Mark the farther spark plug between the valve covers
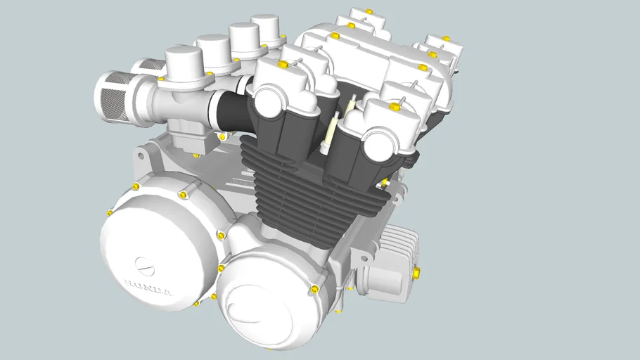[x=351, y=105]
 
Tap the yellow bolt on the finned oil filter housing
[x=418, y=272]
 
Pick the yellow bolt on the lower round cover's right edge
[x=314, y=289]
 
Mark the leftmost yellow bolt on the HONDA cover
[x=110, y=212]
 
